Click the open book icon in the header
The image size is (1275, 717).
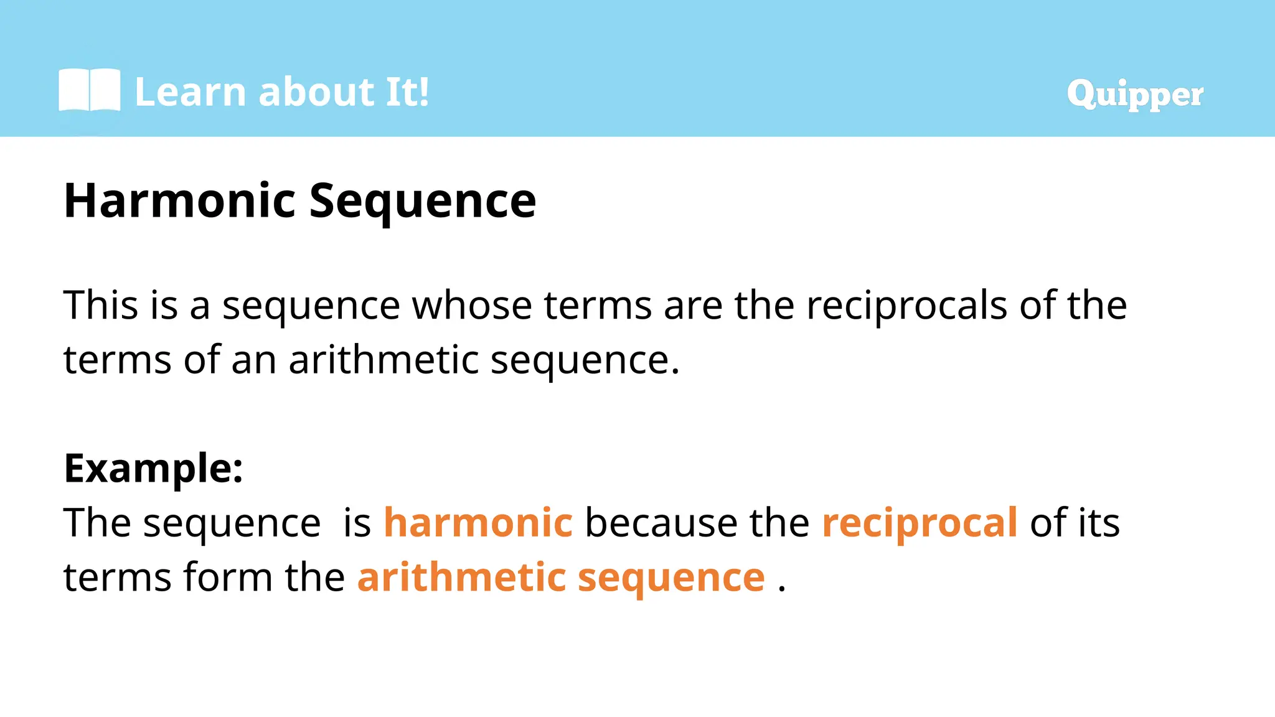[x=89, y=91]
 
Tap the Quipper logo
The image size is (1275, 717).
[x=1134, y=94]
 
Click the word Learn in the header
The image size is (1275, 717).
[x=191, y=92]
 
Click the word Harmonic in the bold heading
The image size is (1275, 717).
[x=179, y=200]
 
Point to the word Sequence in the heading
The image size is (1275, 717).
[x=422, y=202]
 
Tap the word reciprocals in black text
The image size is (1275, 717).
[x=906, y=306]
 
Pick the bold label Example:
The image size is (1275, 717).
[x=153, y=467]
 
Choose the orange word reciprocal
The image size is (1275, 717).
[x=920, y=523]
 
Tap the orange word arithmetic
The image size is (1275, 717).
[x=461, y=576]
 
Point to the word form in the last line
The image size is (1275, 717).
[x=228, y=576]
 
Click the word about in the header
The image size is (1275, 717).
[x=316, y=92]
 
